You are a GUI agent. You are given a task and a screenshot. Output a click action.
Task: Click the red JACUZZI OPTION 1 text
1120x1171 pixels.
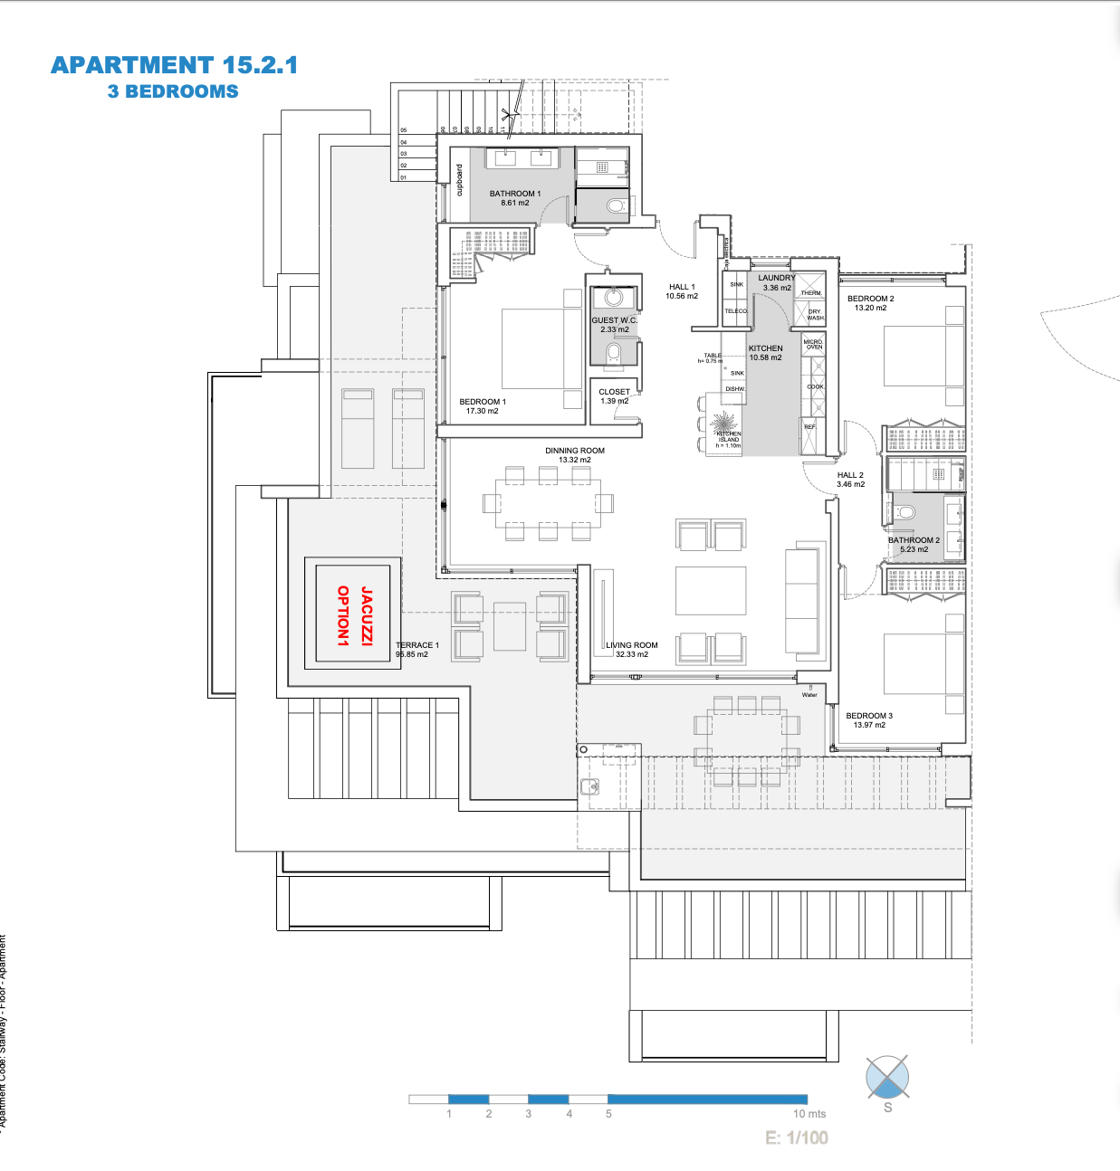point(354,615)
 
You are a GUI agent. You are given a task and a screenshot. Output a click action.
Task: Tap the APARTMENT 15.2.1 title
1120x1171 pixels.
point(174,65)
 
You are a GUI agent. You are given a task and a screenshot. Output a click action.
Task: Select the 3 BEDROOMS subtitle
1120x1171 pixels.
point(173,91)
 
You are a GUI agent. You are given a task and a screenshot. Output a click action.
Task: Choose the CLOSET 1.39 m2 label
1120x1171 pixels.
point(614,396)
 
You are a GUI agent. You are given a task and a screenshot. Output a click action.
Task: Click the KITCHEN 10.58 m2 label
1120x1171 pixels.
point(765,353)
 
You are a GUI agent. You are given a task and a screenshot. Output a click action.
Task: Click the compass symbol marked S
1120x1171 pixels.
point(887,1077)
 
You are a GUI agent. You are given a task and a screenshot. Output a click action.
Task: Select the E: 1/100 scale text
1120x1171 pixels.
point(797,1138)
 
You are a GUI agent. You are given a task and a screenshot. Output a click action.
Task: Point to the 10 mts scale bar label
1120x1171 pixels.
point(809,1114)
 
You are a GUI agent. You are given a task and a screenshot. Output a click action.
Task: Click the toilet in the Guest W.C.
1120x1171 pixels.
point(614,352)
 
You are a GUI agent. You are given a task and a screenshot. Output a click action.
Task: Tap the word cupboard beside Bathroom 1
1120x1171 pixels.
point(459,180)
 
